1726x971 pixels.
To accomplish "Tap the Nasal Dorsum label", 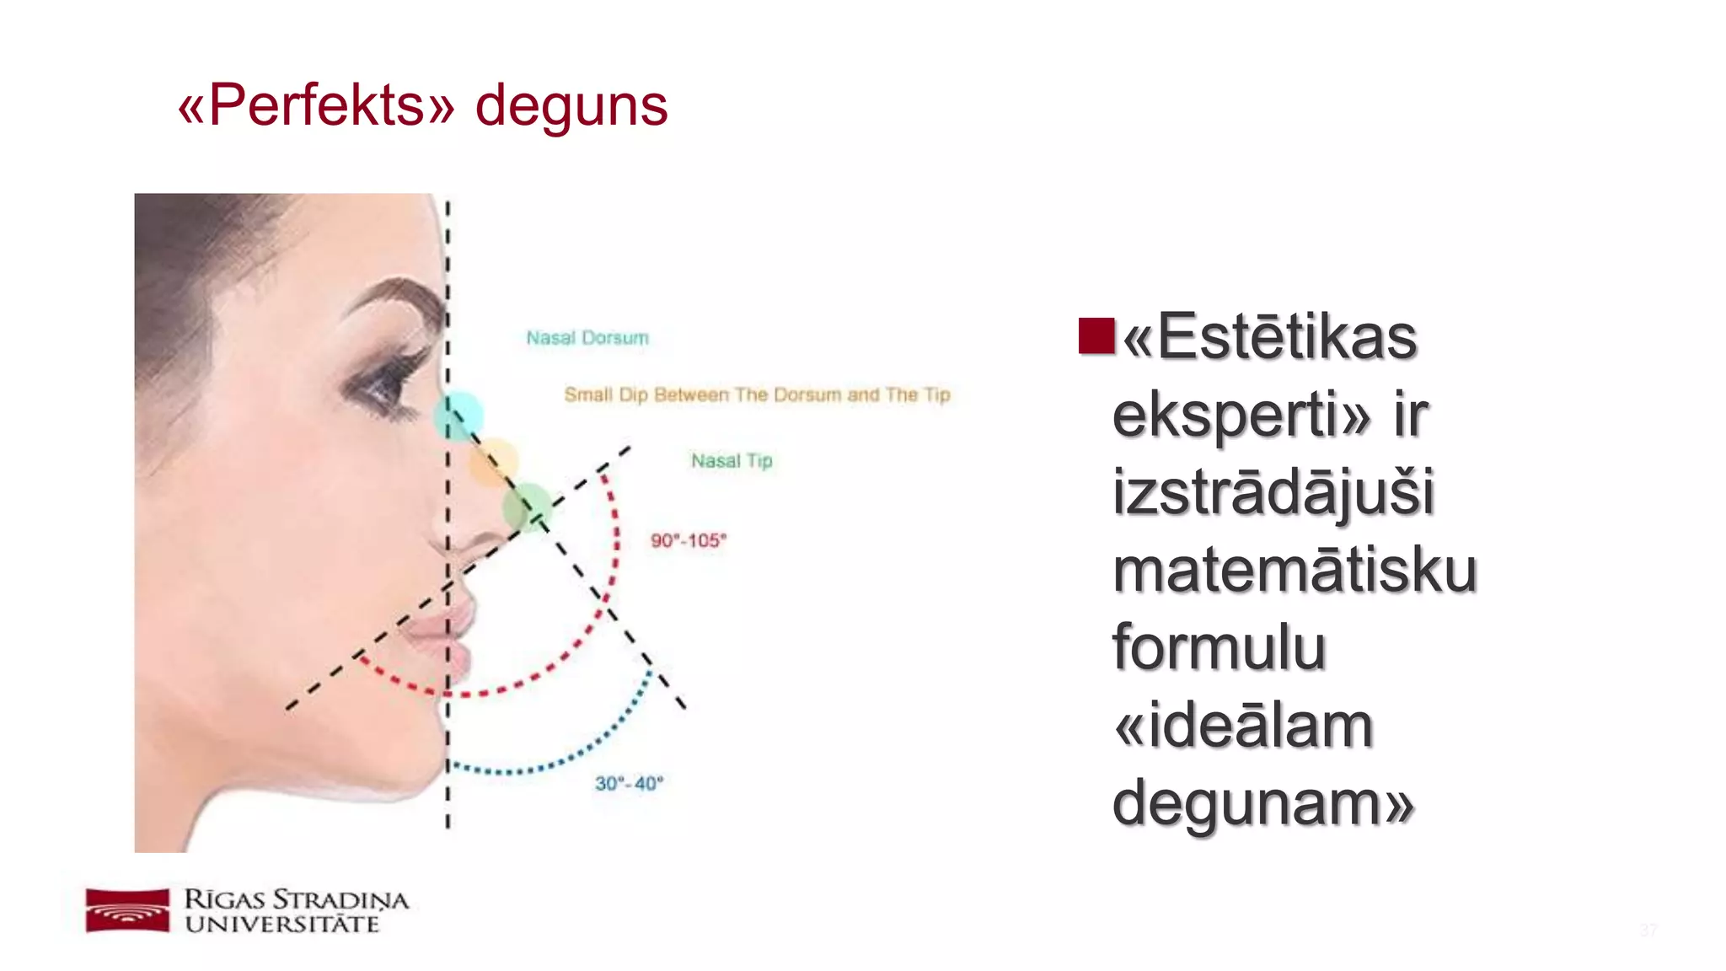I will pos(587,338).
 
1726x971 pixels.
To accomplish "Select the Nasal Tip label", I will pos(732,461).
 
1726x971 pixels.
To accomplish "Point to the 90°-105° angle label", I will pos(688,540).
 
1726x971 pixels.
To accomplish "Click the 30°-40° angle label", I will pos(629,784).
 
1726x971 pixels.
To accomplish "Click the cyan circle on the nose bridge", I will pos(459,416).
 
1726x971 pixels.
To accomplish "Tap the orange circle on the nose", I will pos(494,462).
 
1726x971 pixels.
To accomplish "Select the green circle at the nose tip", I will pos(528,507).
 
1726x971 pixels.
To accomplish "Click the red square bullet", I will pos(1096,335).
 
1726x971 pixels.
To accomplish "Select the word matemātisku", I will pos(1294,571).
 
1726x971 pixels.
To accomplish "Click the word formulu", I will pos(1219,648).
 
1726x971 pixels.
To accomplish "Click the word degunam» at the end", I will pos(1262,803).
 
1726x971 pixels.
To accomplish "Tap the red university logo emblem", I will pos(127,910).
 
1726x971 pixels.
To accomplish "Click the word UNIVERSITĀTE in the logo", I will pos(282,925).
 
